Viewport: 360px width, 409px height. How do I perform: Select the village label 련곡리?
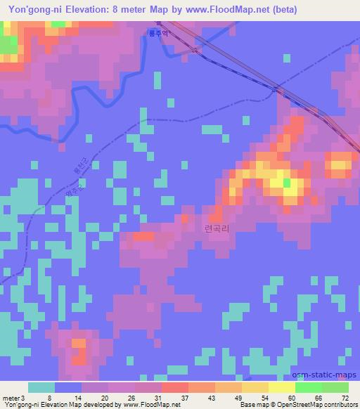click(217, 229)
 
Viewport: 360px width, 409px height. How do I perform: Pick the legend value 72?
click(345, 398)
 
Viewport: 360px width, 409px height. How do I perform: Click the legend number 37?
click(167, 398)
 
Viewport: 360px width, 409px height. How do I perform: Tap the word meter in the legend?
click(10, 398)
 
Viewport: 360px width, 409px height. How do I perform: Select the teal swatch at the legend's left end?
click(41, 387)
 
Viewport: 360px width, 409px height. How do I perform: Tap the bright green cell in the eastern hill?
click(286, 183)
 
